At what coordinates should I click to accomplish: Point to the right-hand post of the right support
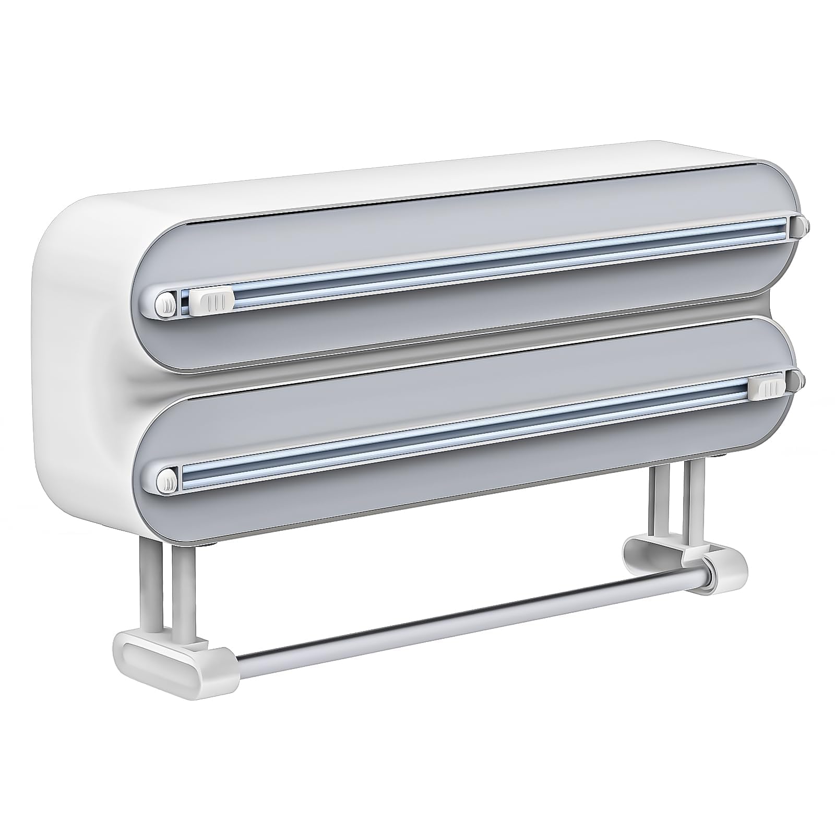click(695, 496)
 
